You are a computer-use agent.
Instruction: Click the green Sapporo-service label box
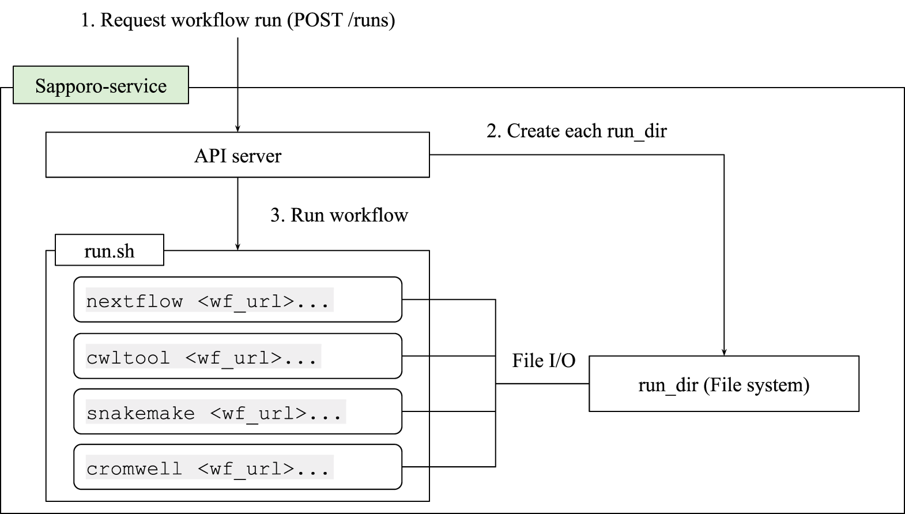click(x=100, y=85)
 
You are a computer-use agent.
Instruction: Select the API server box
click(x=237, y=155)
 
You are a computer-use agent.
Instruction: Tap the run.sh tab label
click(x=109, y=251)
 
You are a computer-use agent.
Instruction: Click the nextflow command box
click(x=237, y=300)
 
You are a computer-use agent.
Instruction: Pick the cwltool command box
click(x=237, y=356)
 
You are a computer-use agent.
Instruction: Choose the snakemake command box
click(x=237, y=411)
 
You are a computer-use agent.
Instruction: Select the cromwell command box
click(x=237, y=467)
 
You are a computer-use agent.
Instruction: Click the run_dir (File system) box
click(x=723, y=384)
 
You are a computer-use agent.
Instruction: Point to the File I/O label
click(x=543, y=361)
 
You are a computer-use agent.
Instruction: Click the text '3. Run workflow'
click(x=339, y=215)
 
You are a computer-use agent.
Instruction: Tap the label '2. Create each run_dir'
click(x=576, y=131)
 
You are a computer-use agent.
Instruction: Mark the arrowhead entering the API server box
click(x=237, y=128)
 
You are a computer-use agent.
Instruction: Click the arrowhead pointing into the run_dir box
click(x=723, y=352)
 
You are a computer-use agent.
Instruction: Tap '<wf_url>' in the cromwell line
click(x=246, y=468)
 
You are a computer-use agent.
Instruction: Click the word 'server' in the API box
click(x=257, y=156)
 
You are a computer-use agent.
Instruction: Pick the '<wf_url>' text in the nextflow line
click(x=246, y=301)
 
